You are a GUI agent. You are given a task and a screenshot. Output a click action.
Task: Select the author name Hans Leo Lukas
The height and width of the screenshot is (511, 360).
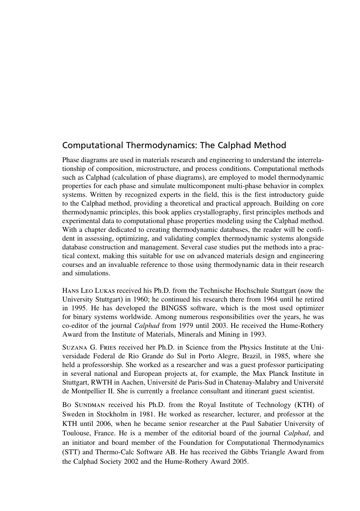(89, 291)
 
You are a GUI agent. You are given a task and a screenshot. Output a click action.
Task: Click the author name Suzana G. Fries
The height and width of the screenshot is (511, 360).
(89, 347)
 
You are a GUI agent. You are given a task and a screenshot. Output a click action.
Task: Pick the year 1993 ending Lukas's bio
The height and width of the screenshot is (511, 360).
(258, 334)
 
